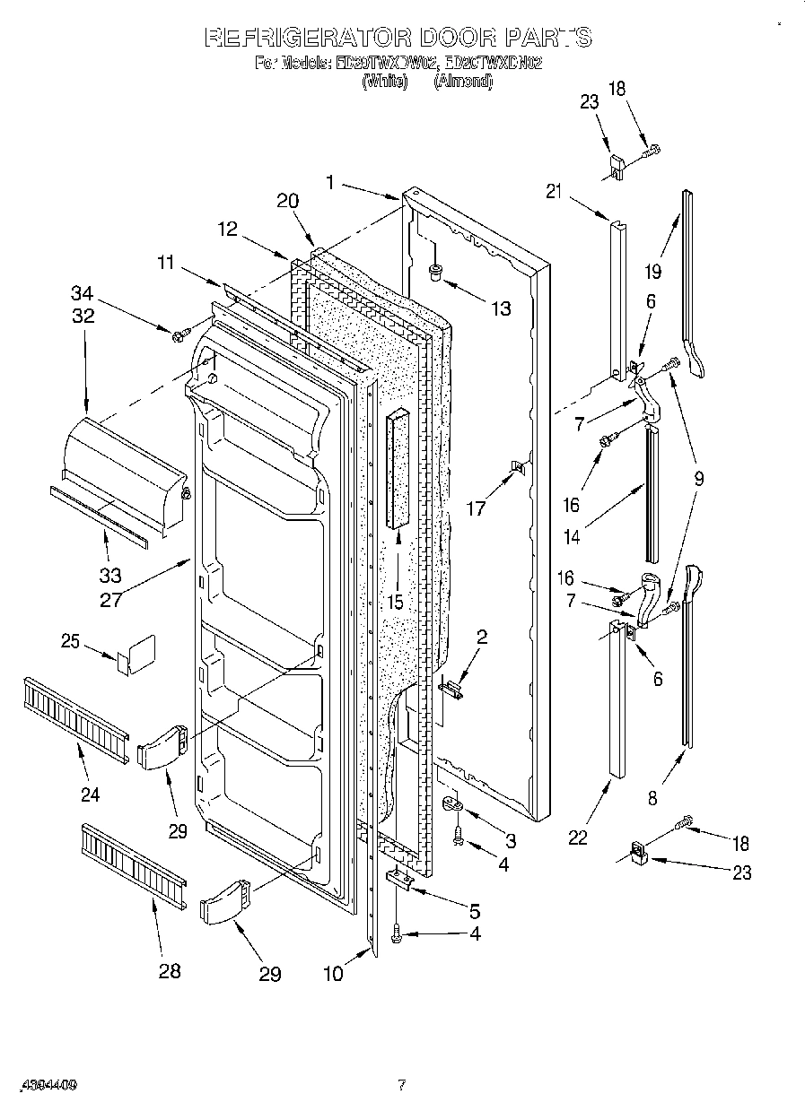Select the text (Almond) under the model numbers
click(x=462, y=81)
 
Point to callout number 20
click(x=287, y=202)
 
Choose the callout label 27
click(x=110, y=599)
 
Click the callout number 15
click(x=396, y=602)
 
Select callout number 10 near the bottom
click(x=333, y=974)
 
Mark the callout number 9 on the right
click(x=697, y=479)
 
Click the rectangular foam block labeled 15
click(x=396, y=469)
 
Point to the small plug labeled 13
click(x=435, y=271)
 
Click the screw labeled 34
click(x=179, y=336)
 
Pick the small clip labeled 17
click(x=517, y=467)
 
